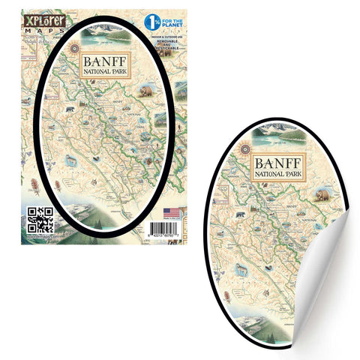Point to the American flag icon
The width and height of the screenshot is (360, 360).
pyautogui.click(x=172, y=212)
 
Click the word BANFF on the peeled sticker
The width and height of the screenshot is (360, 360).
pyautogui.click(x=278, y=163)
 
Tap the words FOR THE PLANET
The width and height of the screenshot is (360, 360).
pyautogui.click(x=174, y=21)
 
